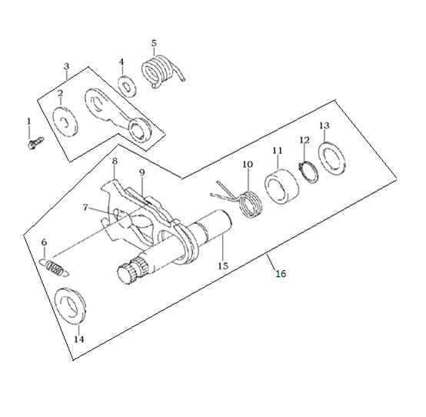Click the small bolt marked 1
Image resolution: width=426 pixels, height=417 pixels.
tap(35, 142)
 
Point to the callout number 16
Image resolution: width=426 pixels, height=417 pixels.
tap(281, 274)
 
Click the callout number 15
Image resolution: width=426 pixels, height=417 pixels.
tap(223, 265)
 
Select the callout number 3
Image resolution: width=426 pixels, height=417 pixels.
tap(67, 66)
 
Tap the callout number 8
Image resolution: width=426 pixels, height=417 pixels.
tap(115, 161)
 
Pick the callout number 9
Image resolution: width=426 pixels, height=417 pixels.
tap(141, 172)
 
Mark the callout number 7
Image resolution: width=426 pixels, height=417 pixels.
tap(85, 208)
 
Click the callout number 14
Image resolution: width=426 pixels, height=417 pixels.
tap(79, 339)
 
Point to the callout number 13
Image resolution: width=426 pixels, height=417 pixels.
tap(324, 125)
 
